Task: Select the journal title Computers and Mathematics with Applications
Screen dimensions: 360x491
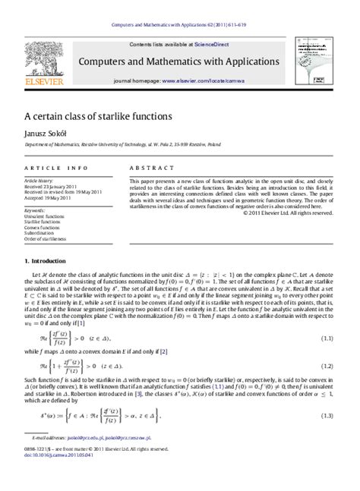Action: [x=181, y=62]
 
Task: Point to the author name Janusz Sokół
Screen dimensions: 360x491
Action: [x=47, y=134]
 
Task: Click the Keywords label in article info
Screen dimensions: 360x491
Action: [x=35, y=209]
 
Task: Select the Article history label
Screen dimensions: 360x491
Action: [x=39, y=181]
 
